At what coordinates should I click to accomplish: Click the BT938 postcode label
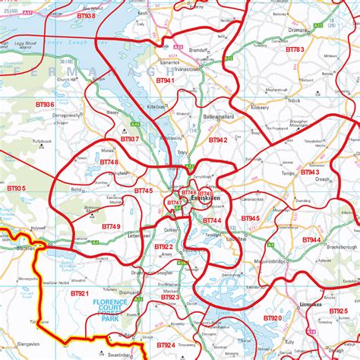pos(86,15)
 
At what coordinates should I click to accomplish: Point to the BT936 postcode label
pos(44,104)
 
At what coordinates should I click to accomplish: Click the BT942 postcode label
pos(218,140)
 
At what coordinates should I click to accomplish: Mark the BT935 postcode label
pos(15,188)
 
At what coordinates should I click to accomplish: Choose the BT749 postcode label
pos(111,226)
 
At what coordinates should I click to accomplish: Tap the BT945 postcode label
pos(250,219)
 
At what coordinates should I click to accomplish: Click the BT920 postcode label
pos(272,318)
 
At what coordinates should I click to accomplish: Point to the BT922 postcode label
pos(163,247)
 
